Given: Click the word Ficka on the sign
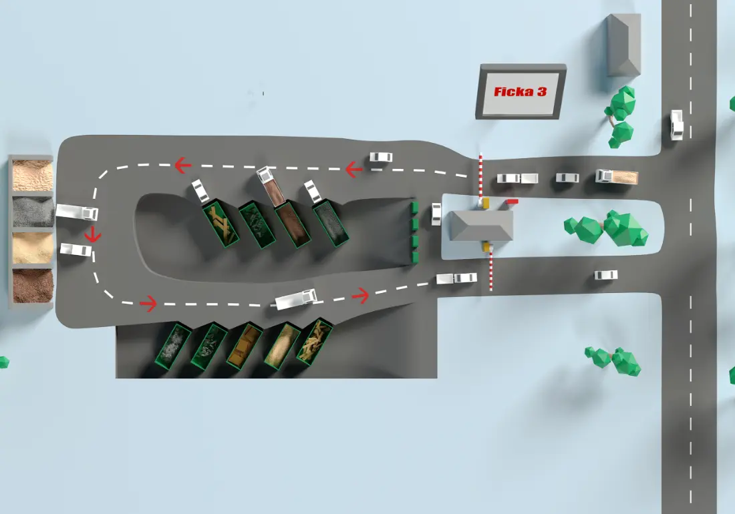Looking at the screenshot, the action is (513, 91).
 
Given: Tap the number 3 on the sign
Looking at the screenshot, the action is (542, 91).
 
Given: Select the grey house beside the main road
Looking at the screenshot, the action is (623, 45).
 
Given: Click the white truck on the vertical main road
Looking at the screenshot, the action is (676, 125).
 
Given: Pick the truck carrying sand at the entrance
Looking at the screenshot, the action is (617, 176).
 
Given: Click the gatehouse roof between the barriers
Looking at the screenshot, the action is (481, 226).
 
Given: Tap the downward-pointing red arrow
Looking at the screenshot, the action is (92, 234).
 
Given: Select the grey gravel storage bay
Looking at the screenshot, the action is (33, 211).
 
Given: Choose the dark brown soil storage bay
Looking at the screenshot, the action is (33, 286).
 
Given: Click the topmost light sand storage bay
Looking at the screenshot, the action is (33, 175).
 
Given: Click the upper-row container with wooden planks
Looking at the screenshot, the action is (220, 224).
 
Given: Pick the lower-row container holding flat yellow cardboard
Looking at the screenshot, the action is (244, 346).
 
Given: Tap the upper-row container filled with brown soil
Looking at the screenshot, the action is (293, 224).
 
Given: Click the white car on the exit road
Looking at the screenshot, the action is (606, 275).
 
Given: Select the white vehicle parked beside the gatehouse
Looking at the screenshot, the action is (436, 214).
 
